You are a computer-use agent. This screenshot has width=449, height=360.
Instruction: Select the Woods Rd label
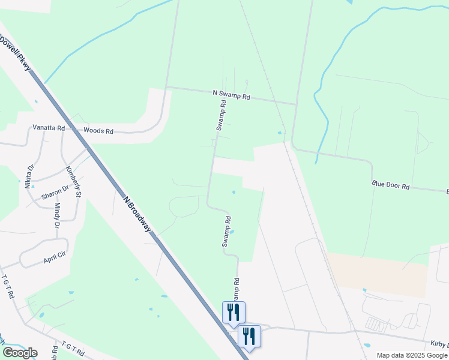(98, 130)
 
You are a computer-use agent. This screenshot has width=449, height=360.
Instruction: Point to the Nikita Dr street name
(29, 176)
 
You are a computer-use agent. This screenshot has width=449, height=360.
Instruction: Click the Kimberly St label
(73, 181)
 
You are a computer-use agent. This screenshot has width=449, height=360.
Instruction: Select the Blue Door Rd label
(390, 185)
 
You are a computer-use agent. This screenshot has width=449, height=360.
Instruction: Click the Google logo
(20, 353)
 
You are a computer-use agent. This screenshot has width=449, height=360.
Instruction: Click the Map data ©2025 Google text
(412, 355)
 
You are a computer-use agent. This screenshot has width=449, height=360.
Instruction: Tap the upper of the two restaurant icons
(233, 312)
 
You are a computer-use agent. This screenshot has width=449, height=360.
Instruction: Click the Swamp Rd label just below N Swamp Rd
(221, 115)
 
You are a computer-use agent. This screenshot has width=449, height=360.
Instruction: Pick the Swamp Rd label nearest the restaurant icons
(236, 290)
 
